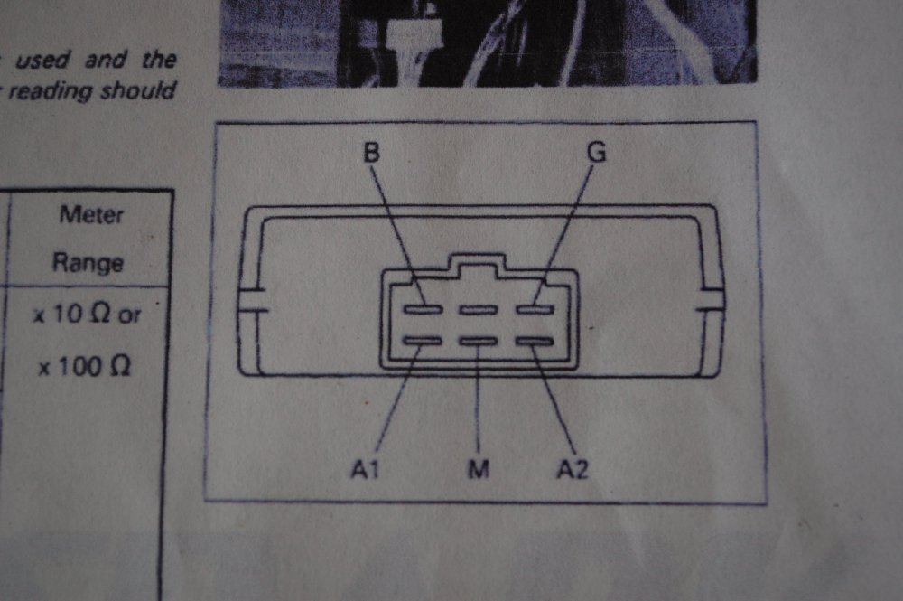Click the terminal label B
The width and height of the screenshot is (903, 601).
click(372, 153)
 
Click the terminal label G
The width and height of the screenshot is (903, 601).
click(597, 152)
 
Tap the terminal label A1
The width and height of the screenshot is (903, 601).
click(365, 469)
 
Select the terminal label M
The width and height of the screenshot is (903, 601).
click(479, 469)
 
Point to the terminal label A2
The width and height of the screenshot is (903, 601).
click(573, 469)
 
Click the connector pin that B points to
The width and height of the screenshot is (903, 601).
click(423, 310)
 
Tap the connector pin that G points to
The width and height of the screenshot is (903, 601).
click(535, 310)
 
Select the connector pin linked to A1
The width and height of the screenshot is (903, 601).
click(423, 341)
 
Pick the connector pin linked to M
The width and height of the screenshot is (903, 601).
click(478, 341)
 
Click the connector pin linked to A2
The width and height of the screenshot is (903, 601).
click(535, 341)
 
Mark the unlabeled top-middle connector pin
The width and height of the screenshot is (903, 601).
click(478, 310)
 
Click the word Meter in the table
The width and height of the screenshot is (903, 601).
click(91, 215)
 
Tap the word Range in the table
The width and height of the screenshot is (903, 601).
click(88, 263)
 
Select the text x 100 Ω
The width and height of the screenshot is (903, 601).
click(84, 367)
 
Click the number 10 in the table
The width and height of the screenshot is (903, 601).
click(69, 314)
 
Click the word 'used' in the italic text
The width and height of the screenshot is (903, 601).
click(42, 60)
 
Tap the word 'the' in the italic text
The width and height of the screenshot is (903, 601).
click(159, 59)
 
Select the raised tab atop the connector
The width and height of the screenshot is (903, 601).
click(478, 262)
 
